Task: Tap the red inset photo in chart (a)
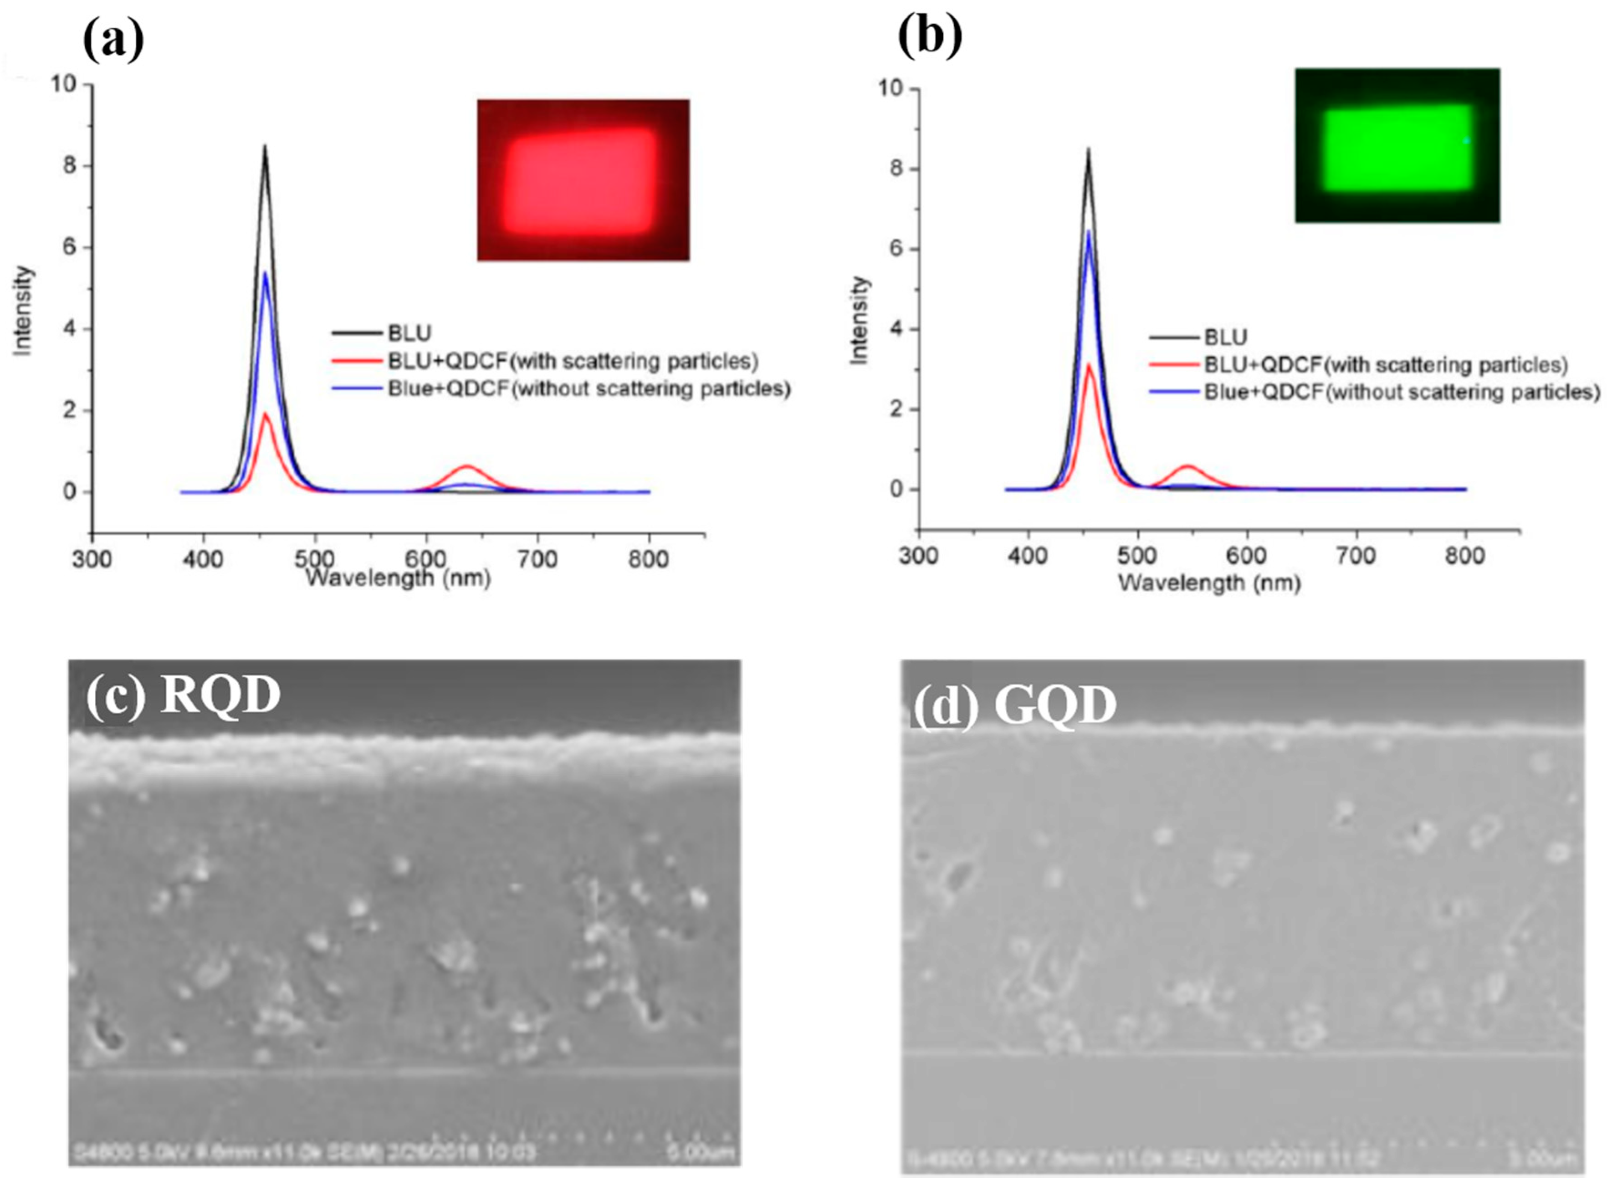(583, 179)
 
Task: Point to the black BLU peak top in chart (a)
(265, 147)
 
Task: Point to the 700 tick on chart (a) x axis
(537, 558)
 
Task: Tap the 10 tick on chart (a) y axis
(63, 85)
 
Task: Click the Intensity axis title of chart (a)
(24, 310)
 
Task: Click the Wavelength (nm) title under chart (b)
(1209, 582)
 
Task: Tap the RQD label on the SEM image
(220, 695)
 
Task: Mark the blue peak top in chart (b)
(1089, 231)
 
